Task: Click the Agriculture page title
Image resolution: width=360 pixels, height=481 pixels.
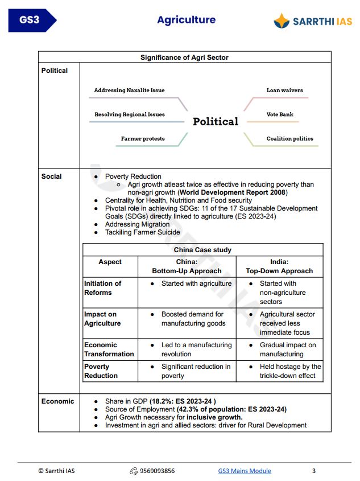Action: (186, 20)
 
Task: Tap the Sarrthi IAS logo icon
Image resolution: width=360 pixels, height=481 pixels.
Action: (282, 22)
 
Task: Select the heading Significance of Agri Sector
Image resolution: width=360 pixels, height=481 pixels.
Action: (184, 57)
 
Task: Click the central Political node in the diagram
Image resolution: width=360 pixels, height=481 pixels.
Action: (215, 122)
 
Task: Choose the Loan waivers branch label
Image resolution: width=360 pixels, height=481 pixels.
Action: (284, 91)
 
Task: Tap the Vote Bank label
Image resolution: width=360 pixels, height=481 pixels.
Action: (280, 114)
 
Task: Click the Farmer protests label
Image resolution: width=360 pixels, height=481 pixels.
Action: (143, 138)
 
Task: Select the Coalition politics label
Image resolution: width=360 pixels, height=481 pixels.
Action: (289, 138)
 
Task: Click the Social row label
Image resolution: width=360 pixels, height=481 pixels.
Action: (52, 176)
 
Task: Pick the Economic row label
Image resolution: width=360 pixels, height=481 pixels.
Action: (57, 401)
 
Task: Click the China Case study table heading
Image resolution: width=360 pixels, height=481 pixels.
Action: (202, 250)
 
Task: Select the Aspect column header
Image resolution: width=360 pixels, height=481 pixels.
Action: (110, 262)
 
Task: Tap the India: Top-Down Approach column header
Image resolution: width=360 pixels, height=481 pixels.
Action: (279, 266)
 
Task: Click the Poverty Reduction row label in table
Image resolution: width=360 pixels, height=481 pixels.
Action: (101, 371)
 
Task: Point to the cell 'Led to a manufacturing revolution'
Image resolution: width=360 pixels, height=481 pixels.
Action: (196, 350)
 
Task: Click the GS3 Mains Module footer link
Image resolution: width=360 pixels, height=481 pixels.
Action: (245, 471)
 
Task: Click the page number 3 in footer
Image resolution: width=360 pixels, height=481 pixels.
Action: (314, 471)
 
